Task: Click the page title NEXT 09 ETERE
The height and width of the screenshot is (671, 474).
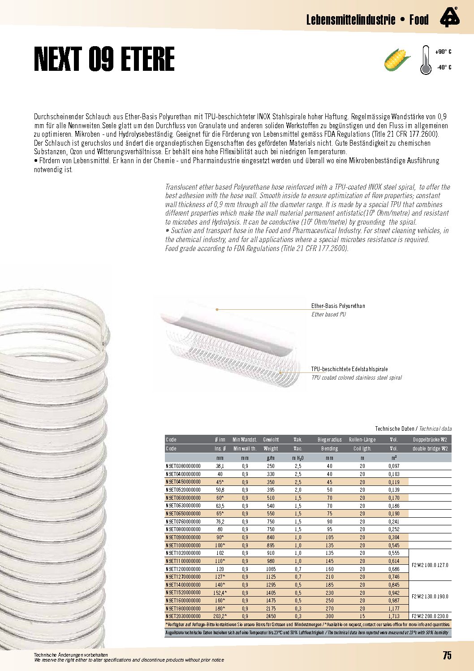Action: click(104, 59)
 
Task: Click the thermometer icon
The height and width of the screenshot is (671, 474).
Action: click(425, 60)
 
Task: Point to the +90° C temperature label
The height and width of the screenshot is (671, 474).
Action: click(443, 52)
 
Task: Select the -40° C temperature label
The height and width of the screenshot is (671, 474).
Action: click(444, 67)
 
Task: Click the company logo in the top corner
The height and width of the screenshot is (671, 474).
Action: click(449, 17)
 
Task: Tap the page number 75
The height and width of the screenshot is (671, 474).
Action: click(447, 655)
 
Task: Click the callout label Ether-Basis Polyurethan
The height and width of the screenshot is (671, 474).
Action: click(338, 306)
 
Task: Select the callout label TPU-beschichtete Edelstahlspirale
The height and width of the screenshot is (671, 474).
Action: click(349, 369)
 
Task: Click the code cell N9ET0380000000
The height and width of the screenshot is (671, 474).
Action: click(183, 466)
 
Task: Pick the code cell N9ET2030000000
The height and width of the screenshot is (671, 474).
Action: click(183, 616)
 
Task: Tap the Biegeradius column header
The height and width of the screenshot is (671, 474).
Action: click(329, 440)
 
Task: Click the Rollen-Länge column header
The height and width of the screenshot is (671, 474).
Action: click(362, 440)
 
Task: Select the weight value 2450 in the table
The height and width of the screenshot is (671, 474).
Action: click(271, 616)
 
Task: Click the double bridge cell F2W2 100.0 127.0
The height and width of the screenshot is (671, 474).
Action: click(430, 565)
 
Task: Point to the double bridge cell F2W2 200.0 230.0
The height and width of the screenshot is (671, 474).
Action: click(430, 616)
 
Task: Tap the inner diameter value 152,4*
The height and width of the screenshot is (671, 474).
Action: click(220, 593)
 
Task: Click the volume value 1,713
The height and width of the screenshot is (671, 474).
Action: click(394, 616)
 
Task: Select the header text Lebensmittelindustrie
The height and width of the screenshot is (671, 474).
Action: click(351, 20)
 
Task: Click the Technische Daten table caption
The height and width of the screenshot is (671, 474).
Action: click(394, 429)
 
